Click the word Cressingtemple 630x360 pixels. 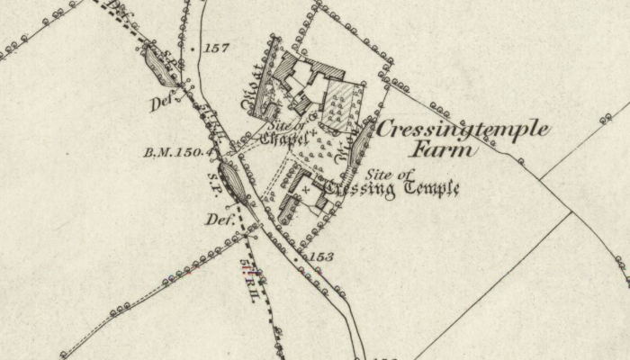463,129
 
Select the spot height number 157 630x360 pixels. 217,48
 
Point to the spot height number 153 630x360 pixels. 322,257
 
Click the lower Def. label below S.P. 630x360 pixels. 220,219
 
